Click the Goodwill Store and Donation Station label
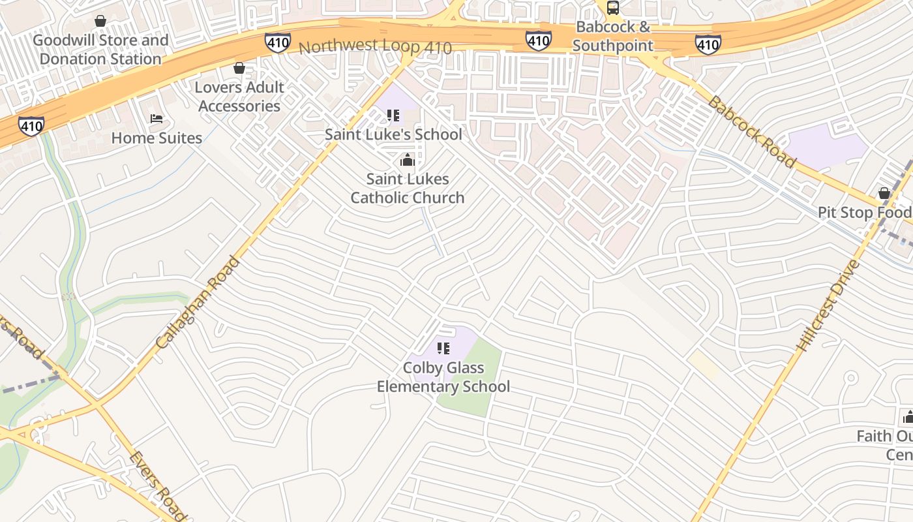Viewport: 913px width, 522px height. [x=100, y=50]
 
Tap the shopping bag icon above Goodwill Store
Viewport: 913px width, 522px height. [x=100, y=22]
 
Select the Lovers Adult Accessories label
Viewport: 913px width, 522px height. [x=239, y=97]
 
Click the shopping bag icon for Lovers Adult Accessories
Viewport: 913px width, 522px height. [x=239, y=68]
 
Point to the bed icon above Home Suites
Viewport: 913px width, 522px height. [x=157, y=119]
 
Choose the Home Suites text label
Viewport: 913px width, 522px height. [x=157, y=138]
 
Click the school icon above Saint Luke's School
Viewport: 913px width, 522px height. [x=393, y=116]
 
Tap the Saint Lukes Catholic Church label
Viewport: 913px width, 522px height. [x=408, y=188]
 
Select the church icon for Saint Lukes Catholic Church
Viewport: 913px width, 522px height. [x=408, y=160]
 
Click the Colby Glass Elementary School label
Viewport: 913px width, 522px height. [x=443, y=377]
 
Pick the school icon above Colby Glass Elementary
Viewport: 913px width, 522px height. [x=443, y=348]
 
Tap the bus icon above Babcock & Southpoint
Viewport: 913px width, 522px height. [x=613, y=8]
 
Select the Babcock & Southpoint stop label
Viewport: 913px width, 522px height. [x=613, y=37]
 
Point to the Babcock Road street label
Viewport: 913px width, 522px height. [x=751, y=132]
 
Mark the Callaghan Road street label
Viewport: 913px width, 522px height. [x=199, y=301]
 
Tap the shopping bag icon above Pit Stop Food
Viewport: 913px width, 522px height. [x=884, y=193]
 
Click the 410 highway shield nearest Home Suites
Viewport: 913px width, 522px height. [x=31, y=125]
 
